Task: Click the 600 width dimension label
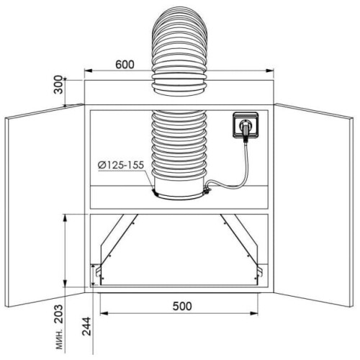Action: click(x=125, y=65)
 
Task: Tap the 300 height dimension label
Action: click(x=58, y=84)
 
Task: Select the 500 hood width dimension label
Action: click(x=182, y=306)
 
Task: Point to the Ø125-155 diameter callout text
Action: click(x=121, y=165)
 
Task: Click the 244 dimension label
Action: click(x=86, y=326)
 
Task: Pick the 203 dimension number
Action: click(x=58, y=314)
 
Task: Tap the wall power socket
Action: click(x=246, y=125)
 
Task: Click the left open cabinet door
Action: click(x=45, y=205)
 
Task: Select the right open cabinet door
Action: click(x=314, y=205)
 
